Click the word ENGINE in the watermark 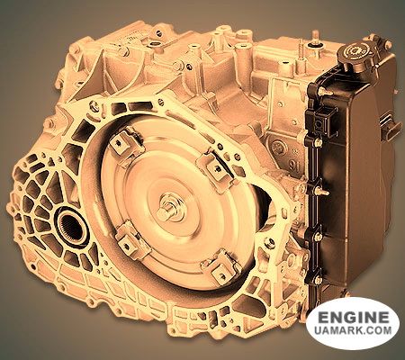[353, 317]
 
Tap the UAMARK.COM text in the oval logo [353, 330]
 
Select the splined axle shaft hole [71, 228]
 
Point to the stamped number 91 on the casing [295, 166]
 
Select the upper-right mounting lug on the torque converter [215, 169]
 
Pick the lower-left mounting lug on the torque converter [130, 239]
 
